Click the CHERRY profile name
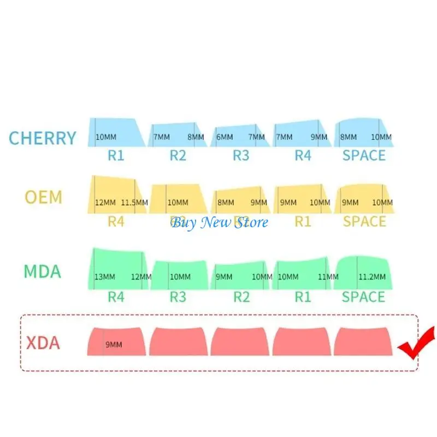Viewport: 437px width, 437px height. pyautogui.click(x=42, y=138)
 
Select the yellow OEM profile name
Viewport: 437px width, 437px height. pyautogui.click(x=44, y=197)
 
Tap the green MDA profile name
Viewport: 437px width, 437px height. pyautogui.click(x=42, y=271)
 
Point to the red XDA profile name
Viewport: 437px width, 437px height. pyautogui.click(x=43, y=343)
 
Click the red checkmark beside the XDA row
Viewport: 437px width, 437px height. pyautogui.click(x=416, y=344)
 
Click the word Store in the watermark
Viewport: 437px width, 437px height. pyautogui.click(x=250, y=222)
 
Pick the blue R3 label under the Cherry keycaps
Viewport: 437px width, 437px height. pyautogui.click(x=241, y=155)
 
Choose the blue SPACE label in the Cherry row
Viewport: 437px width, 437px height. pyautogui.click(x=364, y=155)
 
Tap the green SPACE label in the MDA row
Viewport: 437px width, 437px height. pyautogui.click(x=363, y=297)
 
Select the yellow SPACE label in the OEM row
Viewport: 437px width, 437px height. pyautogui.click(x=364, y=221)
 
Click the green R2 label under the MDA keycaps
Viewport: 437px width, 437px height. pyautogui.click(x=241, y=297)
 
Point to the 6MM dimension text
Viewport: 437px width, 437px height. pyautogui.click(x=224, y=137)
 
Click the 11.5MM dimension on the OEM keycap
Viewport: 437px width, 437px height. pyautogui.click(x=134, y=203)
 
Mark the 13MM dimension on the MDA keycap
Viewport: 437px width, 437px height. pyautogui.click(x=105, y=277)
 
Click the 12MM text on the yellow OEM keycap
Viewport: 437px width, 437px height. pyautogui.click(x=105, y=203)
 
